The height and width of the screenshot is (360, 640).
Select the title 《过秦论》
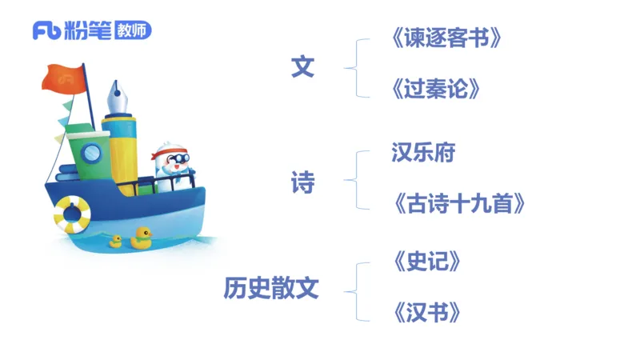pyautogui.click(x=436, y=88)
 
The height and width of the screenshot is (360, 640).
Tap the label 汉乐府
pyautogui.click(x=423, y=152)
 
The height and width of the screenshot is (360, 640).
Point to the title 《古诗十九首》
pyautogui.click(x=458, y=203)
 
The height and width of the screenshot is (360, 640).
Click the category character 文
pyautogui.click(x=302, y=68)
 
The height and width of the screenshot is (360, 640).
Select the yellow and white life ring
pyautogui.click(x=72, y=214)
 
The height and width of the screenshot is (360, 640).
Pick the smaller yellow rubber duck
pyautogui.click(x=115, y=240)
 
